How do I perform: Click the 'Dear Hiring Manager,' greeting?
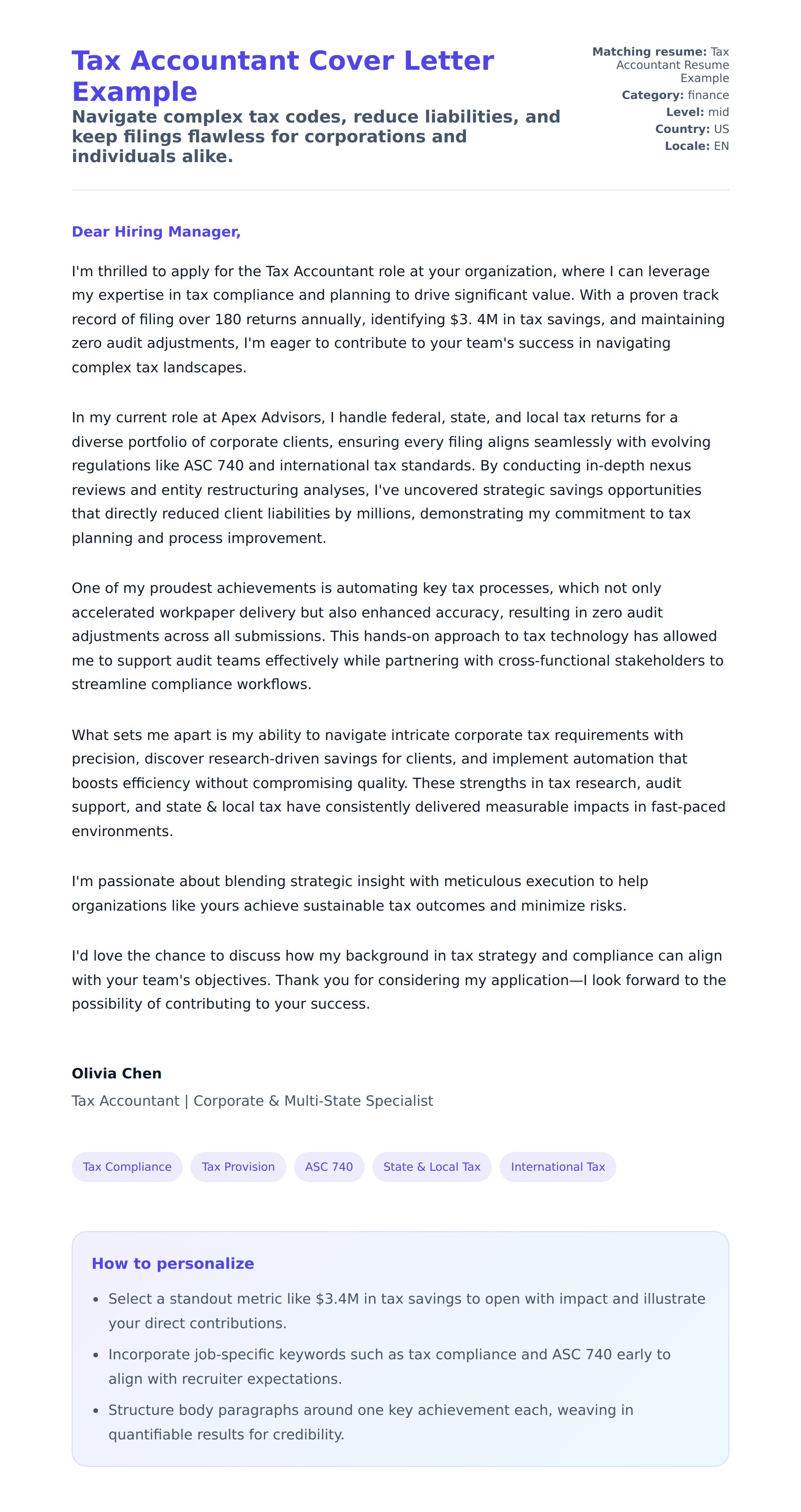[156, 232]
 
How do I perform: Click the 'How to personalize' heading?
[172, 1263]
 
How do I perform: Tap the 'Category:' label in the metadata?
[652, 95]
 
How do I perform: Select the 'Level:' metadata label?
[684, 112]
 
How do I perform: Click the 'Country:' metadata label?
[682, 129]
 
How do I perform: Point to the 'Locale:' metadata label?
[687, 146]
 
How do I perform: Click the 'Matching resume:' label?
[649, 52]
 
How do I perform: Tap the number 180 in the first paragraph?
[228, 319]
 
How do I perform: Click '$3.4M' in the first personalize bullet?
[337, 1298]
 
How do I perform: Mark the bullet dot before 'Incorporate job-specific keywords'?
[96, 1355]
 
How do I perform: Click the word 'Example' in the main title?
[134, 92]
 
